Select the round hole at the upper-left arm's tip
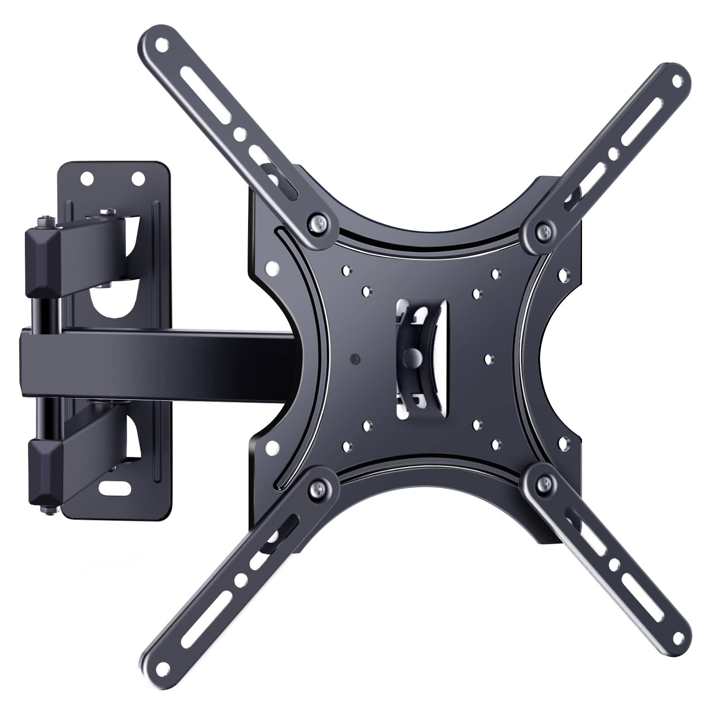[161, 46]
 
